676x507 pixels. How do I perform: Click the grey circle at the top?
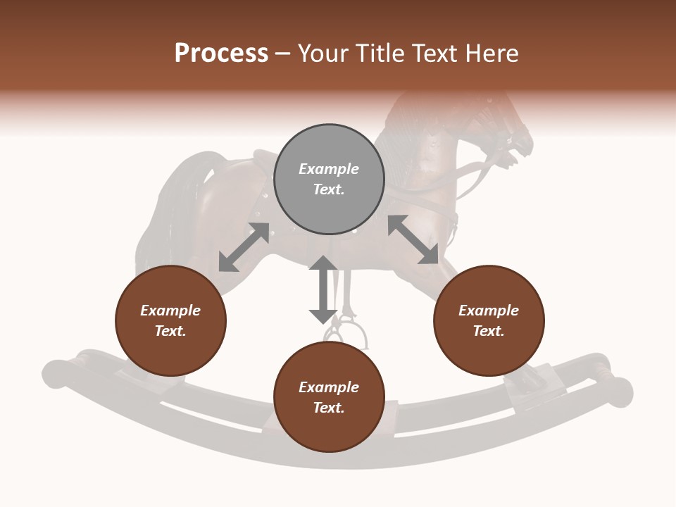tap(329, 180)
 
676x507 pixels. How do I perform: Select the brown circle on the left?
tap(170, 321)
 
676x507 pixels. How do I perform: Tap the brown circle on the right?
tap(489, 321)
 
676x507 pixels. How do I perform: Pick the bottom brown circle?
tap(329, 397)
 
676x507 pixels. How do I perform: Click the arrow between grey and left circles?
tap(244, 247)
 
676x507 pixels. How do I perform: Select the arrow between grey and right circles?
tap(413, 239)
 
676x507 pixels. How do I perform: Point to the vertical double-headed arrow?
tap(323, 289)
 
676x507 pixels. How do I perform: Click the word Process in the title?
tap(221, 54)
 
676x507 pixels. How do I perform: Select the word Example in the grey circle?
tap(329, 169)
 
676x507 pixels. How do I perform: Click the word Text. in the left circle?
tap(170, 331)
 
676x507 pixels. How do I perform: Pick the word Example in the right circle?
tap(489, 311)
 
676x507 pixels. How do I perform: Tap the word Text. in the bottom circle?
tap(329, 408)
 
